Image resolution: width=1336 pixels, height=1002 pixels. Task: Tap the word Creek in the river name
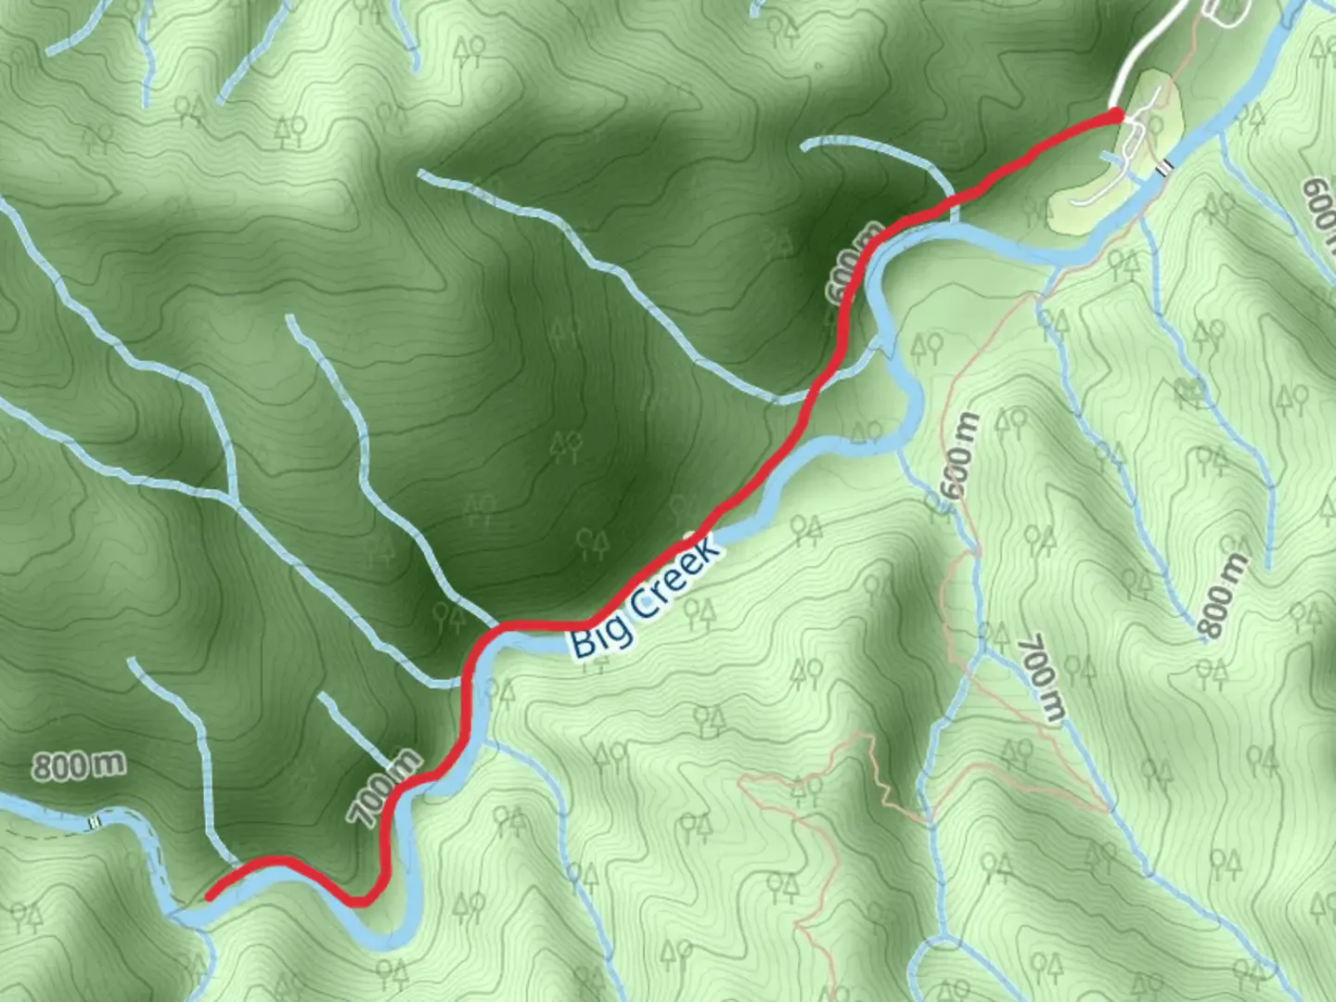coord(676,578)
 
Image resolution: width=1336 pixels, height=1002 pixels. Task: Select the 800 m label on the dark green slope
coord(79,765)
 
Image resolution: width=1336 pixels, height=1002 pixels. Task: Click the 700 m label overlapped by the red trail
coord(383,789)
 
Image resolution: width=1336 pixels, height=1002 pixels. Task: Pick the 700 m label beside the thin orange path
coord(1041,678)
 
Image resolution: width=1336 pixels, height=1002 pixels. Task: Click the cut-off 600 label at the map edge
coord(1319,209)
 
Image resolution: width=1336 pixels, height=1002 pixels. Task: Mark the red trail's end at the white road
coord(1117,114)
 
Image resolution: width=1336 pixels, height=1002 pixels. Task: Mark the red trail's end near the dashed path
coord(210,896)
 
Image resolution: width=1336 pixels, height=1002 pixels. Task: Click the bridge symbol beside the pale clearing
coord(1165,167)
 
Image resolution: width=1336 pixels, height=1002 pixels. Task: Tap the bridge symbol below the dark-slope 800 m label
coord(94,822)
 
